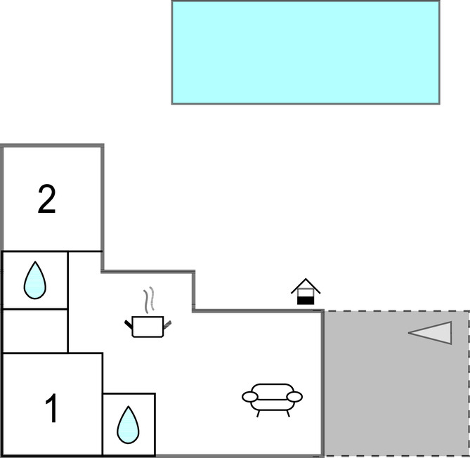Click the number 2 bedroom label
coord(46,200)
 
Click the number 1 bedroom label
coord(51,409)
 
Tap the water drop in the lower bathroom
coord(128,425)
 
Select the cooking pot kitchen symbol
coord(148,327)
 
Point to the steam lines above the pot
coord(148,300)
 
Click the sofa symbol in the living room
coord(272,398)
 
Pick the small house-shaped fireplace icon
coord(306,292)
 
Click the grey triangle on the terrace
coord(434,332)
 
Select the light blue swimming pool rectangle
coord(306,52)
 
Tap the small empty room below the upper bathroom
coord(35,330)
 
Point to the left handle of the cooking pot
coord(129,323)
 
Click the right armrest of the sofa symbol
coord(295,397)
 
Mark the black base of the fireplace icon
coord(306,300)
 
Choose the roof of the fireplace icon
coord(306,284)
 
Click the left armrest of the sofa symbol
coord(250,397)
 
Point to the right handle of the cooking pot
coord(167,323)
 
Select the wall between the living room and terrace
coord(322,383)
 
